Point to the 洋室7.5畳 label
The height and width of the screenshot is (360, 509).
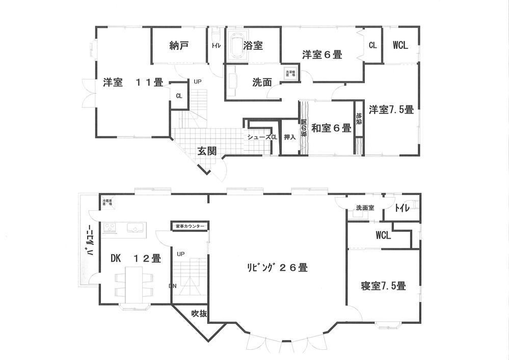391,109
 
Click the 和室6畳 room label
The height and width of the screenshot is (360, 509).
331,128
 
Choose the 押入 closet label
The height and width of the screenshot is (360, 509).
289,137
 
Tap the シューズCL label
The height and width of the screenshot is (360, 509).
262,137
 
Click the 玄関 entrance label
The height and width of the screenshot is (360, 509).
207,151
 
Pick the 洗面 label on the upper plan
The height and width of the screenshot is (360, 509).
261,83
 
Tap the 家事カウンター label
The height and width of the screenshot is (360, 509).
190,226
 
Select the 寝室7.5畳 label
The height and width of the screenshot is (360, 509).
384,286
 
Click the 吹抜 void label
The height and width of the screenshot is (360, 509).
199,314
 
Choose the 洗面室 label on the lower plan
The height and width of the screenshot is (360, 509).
365,208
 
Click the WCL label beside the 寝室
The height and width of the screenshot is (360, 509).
383,236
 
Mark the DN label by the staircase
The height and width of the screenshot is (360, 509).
173,286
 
